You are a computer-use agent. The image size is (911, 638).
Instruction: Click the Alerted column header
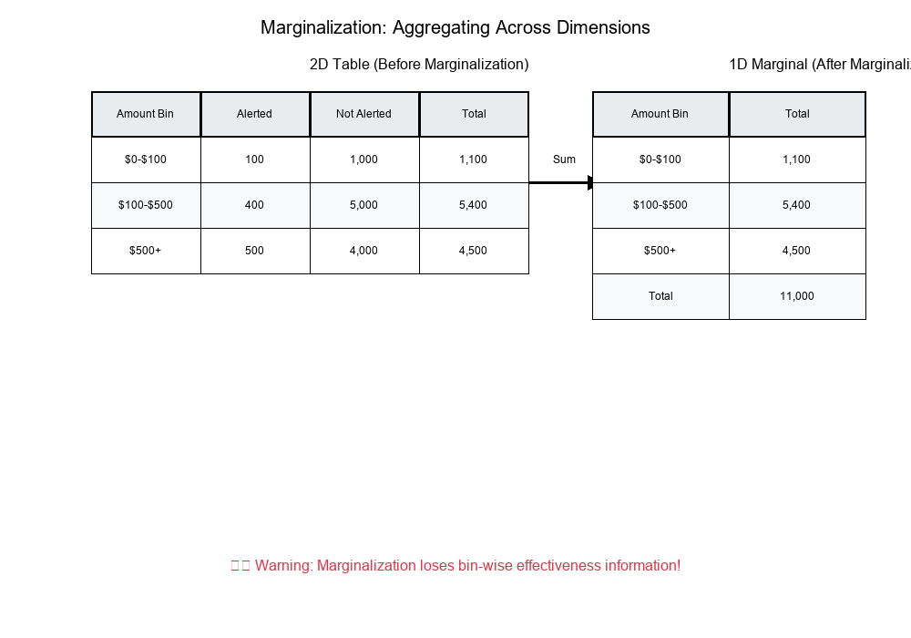click(254, 114)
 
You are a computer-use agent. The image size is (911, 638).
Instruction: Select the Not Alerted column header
click(363, 114)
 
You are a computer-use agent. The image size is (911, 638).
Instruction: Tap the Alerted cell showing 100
click(254, 159)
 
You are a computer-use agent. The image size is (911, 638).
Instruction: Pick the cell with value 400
click(254, 205)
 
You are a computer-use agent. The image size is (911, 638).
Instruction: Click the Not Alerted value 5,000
click(363, 205)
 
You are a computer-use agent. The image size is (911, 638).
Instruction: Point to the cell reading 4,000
click(363, 251)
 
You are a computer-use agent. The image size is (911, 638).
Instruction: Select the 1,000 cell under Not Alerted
click(363, 159)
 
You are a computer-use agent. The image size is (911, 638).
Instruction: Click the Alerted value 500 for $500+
click(254, 251)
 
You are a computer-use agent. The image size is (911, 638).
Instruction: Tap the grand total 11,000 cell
click(797, 296)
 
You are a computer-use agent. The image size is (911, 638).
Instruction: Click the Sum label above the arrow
click(564, 159)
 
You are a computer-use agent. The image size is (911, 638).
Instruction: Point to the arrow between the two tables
click(561, 183)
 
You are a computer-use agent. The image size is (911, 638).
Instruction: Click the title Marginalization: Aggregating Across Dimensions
click(455, 27)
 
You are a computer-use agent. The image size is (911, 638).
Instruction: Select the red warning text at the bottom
click(455, 565)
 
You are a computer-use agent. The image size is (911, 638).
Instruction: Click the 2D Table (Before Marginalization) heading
click(419, 65)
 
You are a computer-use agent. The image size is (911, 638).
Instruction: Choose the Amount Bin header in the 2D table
click(145, 114)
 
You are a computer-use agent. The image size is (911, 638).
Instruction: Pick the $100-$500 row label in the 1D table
click(660, 205)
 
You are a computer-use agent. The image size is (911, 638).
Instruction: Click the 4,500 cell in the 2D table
click(473, 251)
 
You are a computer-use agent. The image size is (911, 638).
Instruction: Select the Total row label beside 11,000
click(660, 296)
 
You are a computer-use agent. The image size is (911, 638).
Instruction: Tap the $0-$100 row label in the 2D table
click(145, 159)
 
